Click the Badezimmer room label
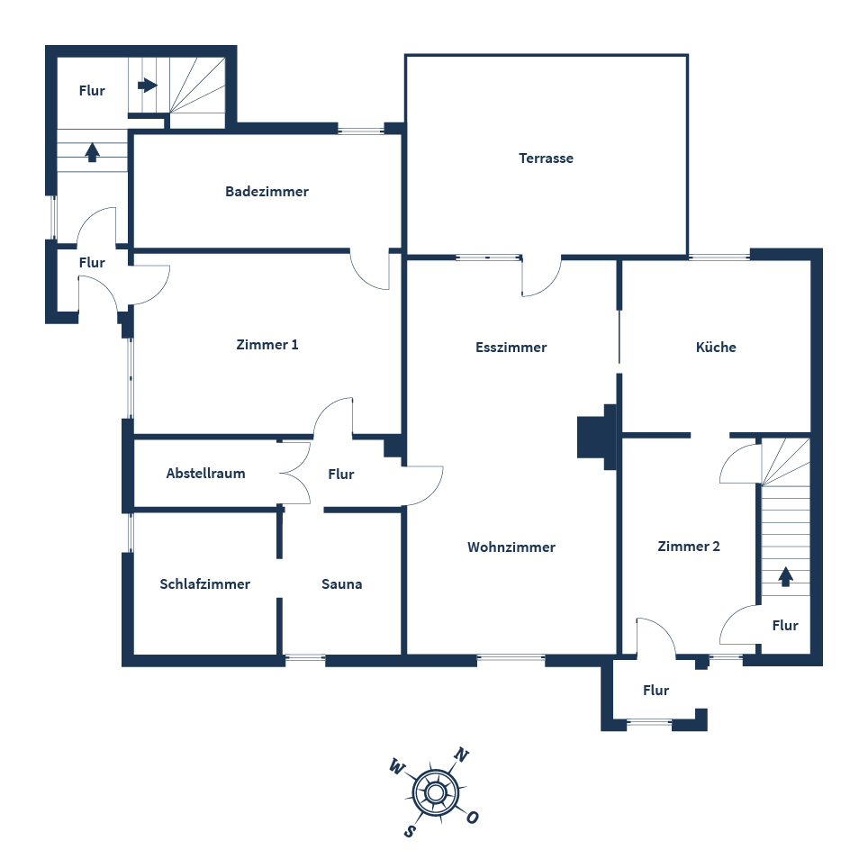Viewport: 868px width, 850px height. coord(267,192)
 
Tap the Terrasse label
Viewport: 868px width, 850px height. coord(546,158)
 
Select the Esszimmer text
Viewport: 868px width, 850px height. coord(511,348)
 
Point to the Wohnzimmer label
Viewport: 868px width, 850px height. coord(511,547)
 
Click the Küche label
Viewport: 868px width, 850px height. coord(716,348)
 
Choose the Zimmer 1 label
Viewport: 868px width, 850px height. coord(267,345)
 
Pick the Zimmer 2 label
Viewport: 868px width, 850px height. coord(689,547)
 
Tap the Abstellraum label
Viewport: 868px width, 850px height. coord(205,474)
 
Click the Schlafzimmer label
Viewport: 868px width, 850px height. coord(204,584)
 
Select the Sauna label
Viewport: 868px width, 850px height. coord(342,584)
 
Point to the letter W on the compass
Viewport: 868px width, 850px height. coord(396,767)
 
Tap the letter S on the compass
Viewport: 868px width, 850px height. coord(410,829)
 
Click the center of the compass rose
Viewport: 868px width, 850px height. coord(436,792)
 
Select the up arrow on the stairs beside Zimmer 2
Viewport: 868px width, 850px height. coord(785,576)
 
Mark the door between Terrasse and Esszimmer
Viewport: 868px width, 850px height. coord(541,277)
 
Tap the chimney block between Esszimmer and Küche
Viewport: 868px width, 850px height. coord(597,437)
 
